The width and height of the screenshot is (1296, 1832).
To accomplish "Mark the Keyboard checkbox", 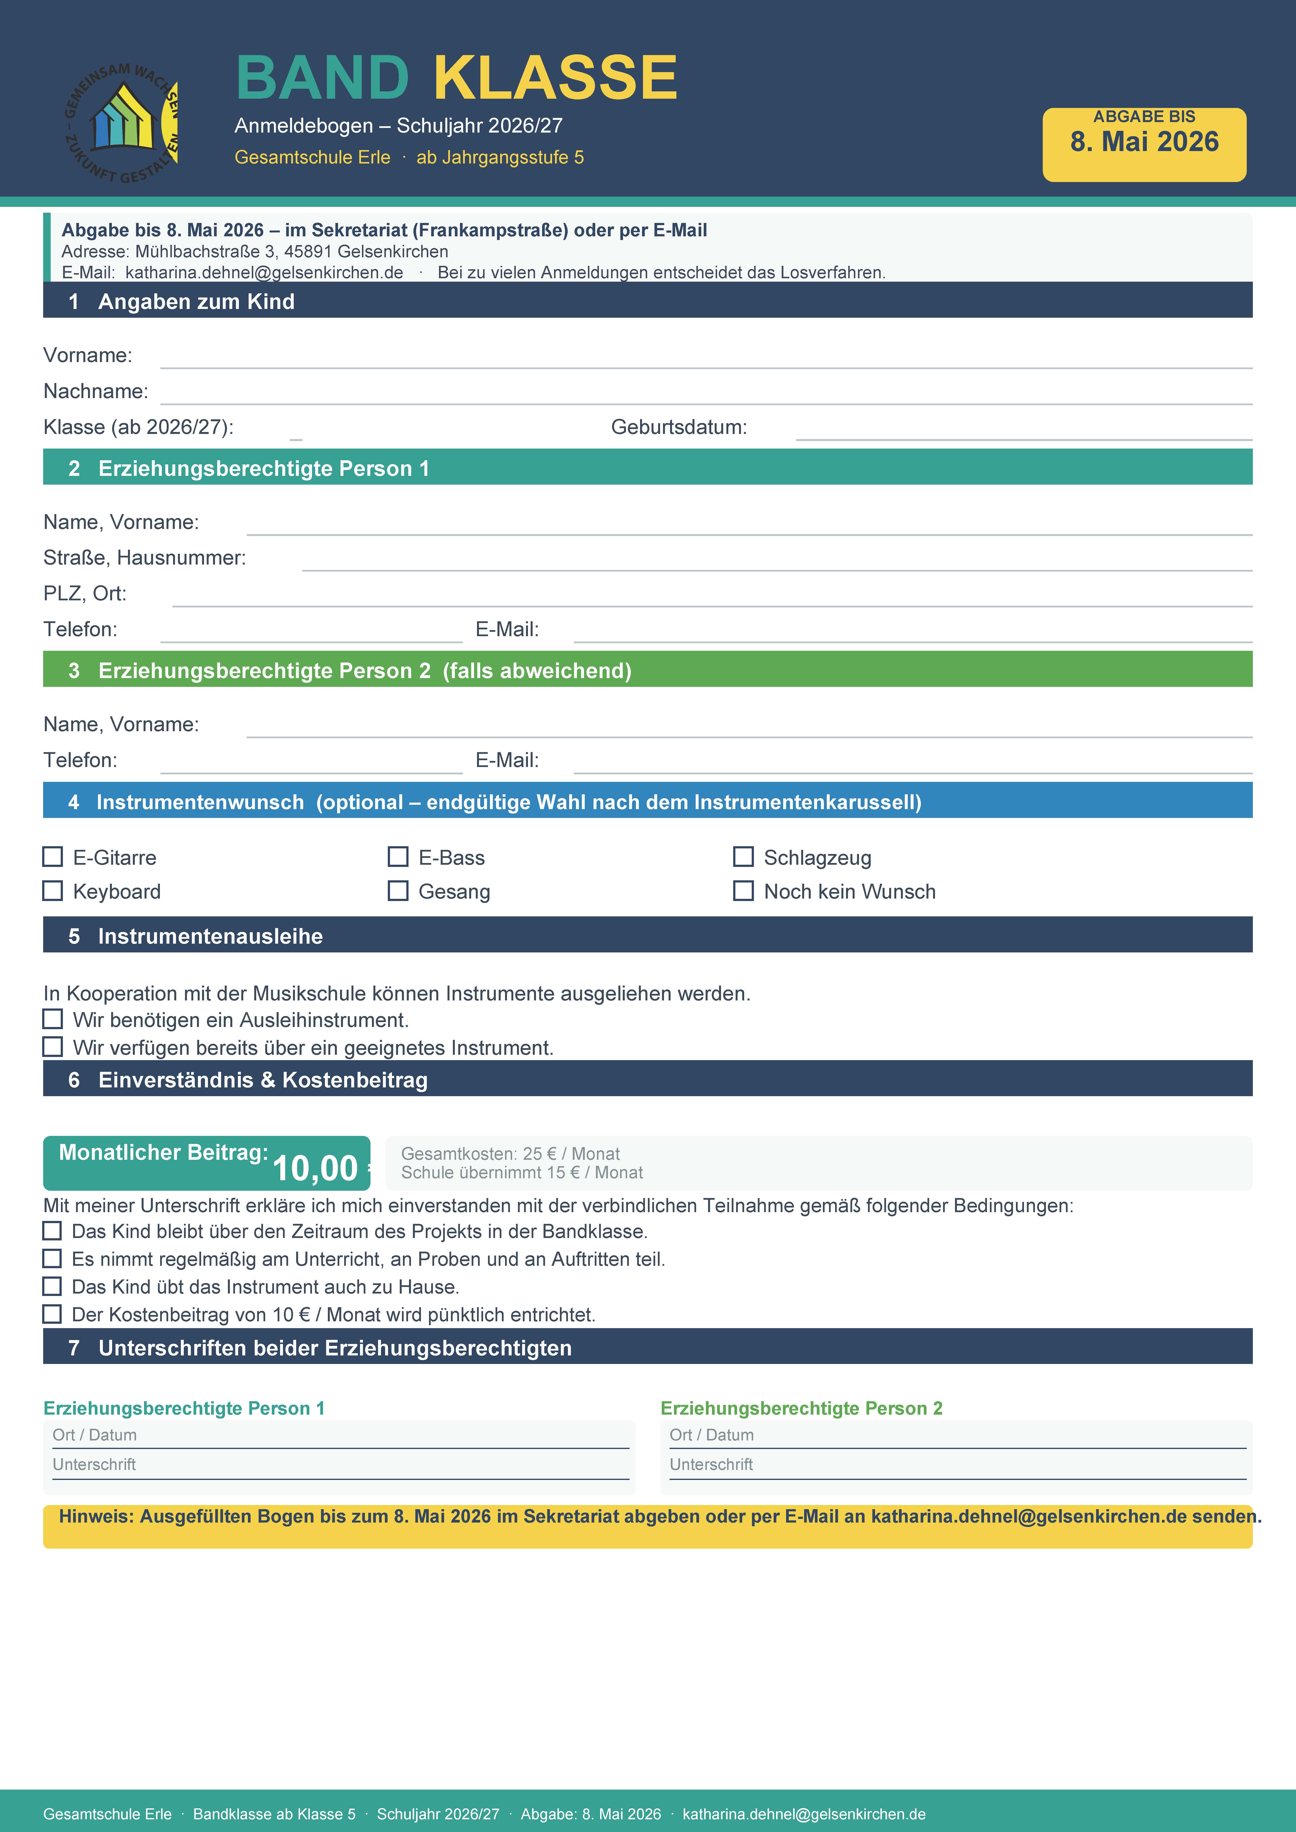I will [53, 891].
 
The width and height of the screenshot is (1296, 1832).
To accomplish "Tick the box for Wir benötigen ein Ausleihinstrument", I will [53, 1019].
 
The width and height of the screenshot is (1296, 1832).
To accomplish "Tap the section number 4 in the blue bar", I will [73, 802].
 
